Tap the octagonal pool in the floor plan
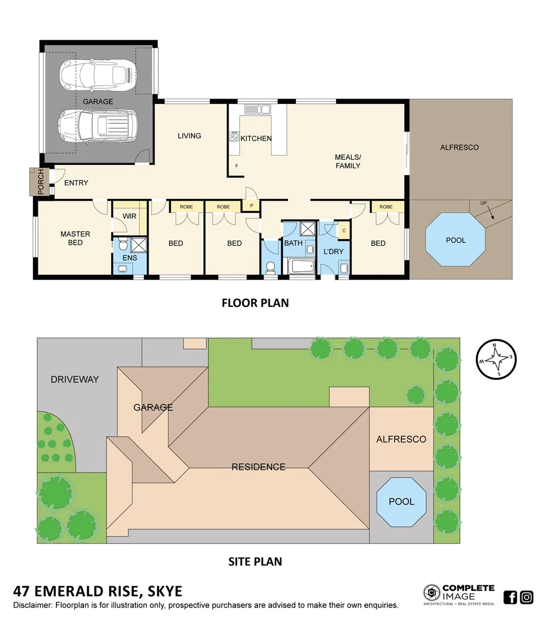[x=456, y=240]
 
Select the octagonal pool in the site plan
[x=401, y=502]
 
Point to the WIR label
[x=129, y=216]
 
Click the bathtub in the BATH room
[x=301, y=267]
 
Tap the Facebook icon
[x=510, y=598]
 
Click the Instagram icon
[x=527, y=598]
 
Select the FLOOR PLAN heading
[x=255, y=303]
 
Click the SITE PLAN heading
[x=255, y=562]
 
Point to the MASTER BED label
[x=75, y=238]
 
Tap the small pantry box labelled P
[x=251, y=206]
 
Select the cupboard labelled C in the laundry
[x=343, y=231]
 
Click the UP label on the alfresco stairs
[x=483, y=203]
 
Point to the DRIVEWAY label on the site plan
[x=75, y=379]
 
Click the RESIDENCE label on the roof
[x=258, y=467]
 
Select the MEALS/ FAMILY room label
[x=347, y=161]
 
